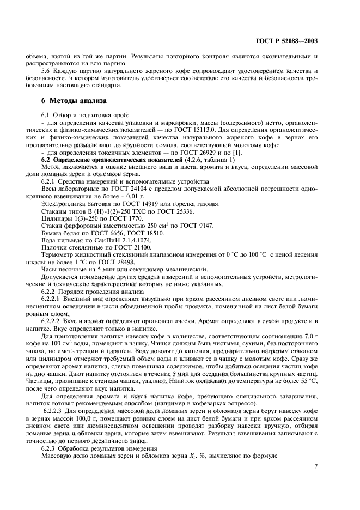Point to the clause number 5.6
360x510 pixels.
47,71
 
